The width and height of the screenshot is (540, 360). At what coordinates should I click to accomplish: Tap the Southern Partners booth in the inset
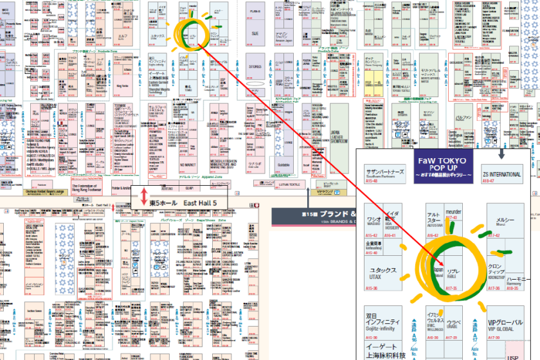384,174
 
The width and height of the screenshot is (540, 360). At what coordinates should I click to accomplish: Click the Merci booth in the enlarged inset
505,222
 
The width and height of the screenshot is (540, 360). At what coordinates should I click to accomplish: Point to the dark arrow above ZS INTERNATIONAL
501,154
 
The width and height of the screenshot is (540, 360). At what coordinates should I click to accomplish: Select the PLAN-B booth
255,12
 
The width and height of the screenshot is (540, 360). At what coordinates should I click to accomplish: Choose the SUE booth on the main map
255,33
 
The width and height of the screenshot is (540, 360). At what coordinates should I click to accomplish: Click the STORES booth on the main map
255,65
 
